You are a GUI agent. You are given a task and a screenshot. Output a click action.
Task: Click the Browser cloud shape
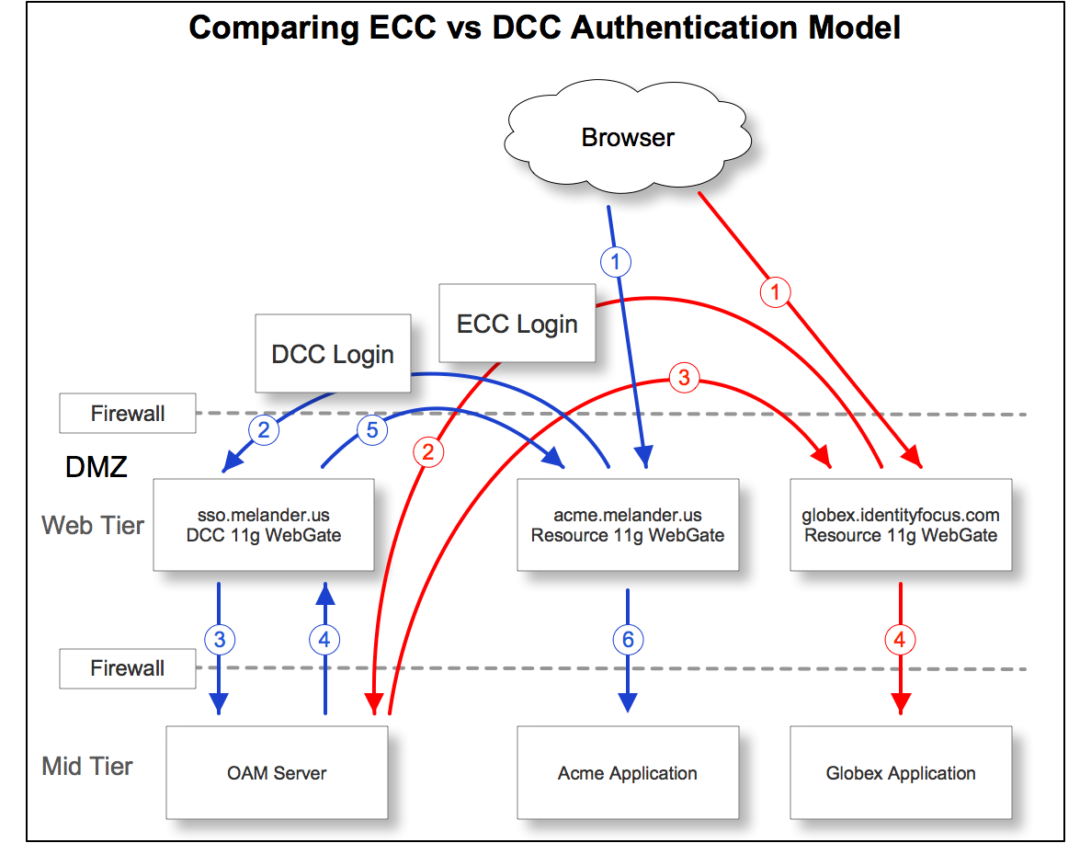click(628, 139)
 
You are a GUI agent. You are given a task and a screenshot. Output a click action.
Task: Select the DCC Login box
click(332, 354)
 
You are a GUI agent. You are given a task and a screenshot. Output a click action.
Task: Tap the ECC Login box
click(517, 324)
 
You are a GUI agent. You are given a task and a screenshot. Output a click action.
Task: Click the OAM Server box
click(277, 772)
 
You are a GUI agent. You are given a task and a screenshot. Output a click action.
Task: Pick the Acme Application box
click(628, 772)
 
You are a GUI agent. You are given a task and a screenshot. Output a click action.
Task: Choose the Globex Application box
click(901, 772)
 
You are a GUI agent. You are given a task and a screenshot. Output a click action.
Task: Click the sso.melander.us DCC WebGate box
click(264, 525)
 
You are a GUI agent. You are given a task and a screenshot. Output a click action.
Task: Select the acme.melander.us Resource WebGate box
click(628, 525)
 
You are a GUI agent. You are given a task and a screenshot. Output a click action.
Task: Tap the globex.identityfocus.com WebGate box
click(901, 525)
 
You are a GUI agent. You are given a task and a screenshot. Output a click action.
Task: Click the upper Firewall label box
click(128, 414)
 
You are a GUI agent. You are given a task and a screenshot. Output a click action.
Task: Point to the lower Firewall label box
click(128, 668)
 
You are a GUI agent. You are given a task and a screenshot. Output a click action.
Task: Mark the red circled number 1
click(775, 292)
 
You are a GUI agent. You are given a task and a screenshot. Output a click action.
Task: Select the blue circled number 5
click(372, 428)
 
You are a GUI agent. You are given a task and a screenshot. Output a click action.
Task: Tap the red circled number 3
click(683, 377)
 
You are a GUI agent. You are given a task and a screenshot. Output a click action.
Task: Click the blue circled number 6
click(628, 639)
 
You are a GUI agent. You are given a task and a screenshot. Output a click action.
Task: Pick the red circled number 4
click(900, 639)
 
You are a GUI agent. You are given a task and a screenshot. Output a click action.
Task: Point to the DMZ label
click(96, 467)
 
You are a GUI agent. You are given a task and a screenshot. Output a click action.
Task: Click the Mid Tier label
click(87, 766)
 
